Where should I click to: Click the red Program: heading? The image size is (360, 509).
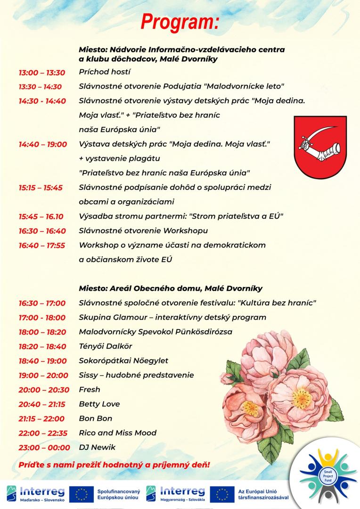[x=180, y=22]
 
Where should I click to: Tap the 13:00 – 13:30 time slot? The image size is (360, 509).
[x=42, y=72]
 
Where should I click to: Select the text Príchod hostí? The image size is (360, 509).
[x=105, y=72]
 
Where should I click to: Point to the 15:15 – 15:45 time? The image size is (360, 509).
[x=41, y=188]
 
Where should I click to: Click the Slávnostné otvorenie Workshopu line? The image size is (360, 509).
[x=143, y=231]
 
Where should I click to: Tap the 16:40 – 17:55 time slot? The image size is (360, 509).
[x=42, y=245]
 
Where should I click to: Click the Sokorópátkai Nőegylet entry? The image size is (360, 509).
[x=123, y=361]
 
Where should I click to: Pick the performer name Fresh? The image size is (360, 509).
[x=90, y=390]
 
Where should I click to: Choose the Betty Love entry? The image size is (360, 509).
[x=99, y=404]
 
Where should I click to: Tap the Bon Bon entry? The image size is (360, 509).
[x=96, y=419]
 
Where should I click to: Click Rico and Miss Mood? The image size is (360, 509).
[x=118, y=433]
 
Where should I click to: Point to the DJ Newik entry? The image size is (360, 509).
[x=97, y=447]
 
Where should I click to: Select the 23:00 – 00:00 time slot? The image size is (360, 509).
[x=44, y=447]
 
